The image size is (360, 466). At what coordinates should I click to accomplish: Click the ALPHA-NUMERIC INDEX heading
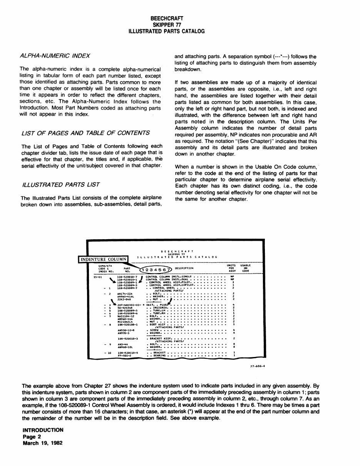click(55, 55)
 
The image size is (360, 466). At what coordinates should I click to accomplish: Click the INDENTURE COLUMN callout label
click(103, 259)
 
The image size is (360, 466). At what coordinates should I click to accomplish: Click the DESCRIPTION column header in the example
click(184, 268)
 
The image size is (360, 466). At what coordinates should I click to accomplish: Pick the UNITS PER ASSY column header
click(231, 268)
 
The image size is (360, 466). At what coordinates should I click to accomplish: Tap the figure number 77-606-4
click(258, 366)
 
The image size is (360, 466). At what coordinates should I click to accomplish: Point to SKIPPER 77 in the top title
click(167, 24)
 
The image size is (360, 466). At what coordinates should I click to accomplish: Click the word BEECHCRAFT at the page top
click(167, 18)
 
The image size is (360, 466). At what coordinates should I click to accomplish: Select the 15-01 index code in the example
click(97, 276)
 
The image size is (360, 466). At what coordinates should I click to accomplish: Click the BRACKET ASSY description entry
click(161, 338)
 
